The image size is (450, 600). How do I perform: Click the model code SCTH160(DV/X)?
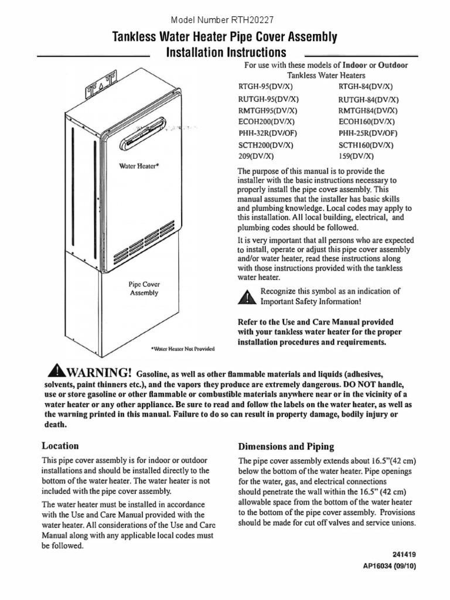pos(366,145)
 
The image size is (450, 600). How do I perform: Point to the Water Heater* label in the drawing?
pos(139,166)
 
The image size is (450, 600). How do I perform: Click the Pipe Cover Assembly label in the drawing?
pos(144,288)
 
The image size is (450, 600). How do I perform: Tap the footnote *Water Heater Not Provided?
pos(183,349)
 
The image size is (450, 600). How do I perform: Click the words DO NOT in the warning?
pos(359,384)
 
